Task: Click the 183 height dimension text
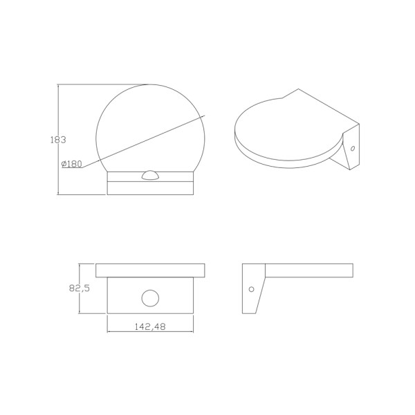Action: point(58,139)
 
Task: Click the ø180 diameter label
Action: point(72,164)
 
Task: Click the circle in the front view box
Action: point(150,298)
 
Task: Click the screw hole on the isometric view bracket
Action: point(352,148)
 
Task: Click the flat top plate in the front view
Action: point(150,269)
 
